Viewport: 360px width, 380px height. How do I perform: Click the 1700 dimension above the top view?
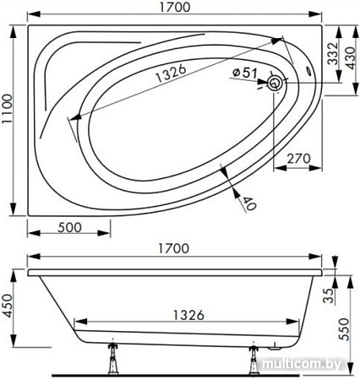pos(175,8)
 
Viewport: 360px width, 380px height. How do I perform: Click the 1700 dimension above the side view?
pos(173,248)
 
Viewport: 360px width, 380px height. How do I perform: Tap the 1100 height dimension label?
pos(7,109)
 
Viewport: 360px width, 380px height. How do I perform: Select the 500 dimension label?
pos(69,227)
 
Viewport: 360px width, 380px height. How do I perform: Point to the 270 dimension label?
pos(298,159)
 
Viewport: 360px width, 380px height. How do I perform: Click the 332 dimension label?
pos(333,53)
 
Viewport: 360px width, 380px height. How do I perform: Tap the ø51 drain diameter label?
pos(245,73)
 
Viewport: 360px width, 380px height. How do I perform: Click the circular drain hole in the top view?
pos(275,83)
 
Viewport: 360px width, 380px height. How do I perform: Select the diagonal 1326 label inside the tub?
pos(171,73)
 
